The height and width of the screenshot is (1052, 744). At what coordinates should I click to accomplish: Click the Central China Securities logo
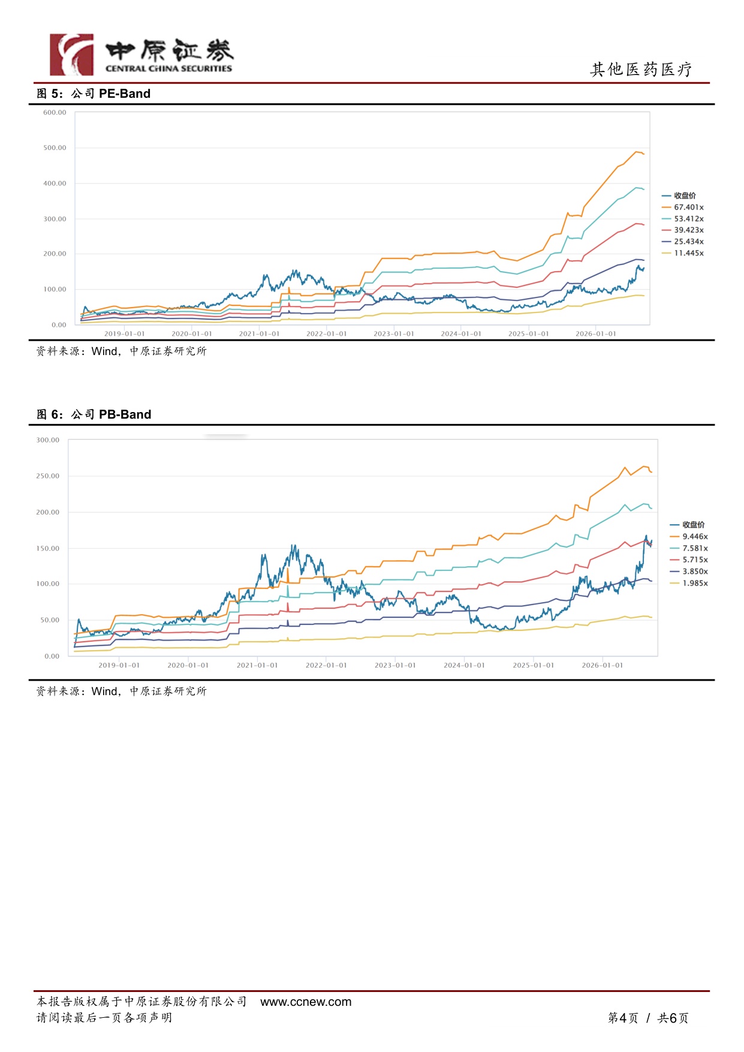click(x=141, y=55)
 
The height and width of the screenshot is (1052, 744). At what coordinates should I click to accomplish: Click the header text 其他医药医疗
click(x=641, y=70)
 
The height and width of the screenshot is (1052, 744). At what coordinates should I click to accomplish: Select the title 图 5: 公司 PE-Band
click(x=94, y=94)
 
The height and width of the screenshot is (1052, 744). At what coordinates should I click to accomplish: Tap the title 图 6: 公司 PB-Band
click(x=94, y=414)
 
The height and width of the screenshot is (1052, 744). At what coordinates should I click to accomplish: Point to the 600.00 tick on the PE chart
click(x=55, y=113)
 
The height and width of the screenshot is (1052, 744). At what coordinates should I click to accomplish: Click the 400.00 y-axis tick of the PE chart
click(x=55, y=184)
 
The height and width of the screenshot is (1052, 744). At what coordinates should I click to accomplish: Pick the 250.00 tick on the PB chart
click(x=48, y=476)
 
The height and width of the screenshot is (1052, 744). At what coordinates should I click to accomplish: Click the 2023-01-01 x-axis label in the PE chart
click(x=394, y=334)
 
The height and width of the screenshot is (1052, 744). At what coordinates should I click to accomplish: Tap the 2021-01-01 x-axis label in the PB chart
click(x=257, y=665)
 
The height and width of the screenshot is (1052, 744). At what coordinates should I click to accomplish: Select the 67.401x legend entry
click(x=683, y=208)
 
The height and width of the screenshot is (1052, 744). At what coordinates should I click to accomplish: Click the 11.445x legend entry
click(x=683, y=253)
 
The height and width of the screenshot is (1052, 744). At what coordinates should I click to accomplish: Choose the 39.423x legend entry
click(x=683, y=230)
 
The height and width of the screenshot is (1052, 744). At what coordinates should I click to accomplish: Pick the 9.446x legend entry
click(x=689, y=537)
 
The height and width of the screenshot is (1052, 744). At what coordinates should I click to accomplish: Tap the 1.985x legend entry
click(x=689, y=583)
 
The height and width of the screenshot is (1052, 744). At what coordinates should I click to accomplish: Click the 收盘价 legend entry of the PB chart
click(x=688, y=525)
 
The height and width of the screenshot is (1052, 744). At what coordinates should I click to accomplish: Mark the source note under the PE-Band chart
click(x=121, y=351)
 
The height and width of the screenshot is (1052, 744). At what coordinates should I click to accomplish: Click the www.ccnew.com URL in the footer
click(x=306, y=1002)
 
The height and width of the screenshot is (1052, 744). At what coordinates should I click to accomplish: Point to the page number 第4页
click(x=623, y=1018)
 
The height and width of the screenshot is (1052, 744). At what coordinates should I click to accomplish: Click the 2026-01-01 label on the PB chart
click(x=602, y=665)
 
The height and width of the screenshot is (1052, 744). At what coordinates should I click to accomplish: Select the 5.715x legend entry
click(x=689, y=560)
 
